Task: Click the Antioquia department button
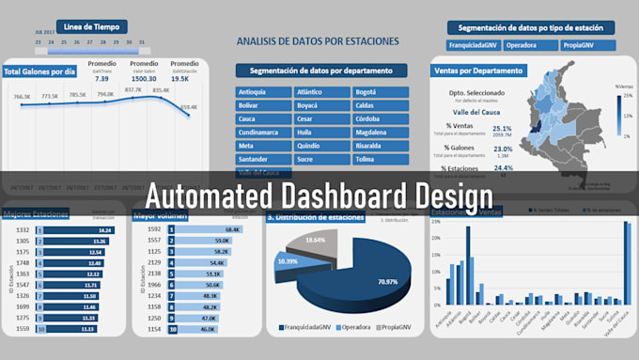(x=264, y=92)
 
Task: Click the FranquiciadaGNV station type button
(x=474, y=45)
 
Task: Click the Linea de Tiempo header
(x=92, y=26)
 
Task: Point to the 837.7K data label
(x=132, y=90)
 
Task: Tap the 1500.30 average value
(x=144, y=80)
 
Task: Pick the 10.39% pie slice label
(x=288, y=261)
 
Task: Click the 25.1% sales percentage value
(x=502, y=129)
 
